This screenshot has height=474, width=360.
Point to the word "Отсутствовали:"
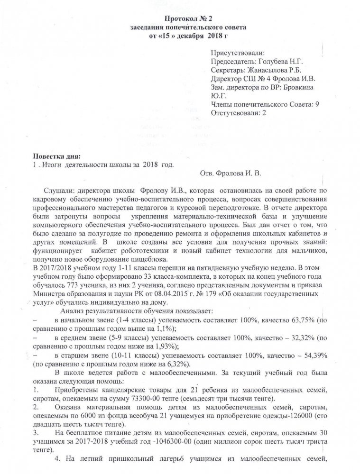tap(234, 114)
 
